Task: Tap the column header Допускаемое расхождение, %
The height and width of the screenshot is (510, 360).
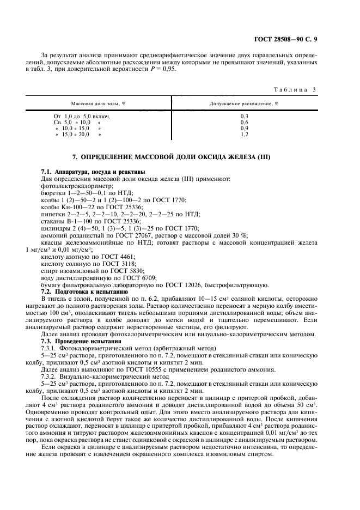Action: (x=244, y=103)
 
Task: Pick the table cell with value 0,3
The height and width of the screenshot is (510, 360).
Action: (x=244, y=117)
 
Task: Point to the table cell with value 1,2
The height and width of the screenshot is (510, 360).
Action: (x=244, y=134)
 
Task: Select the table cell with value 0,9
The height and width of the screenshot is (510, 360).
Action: (x=244, y=128)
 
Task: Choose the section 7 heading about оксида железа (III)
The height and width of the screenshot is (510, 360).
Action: (x=180, y=157)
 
